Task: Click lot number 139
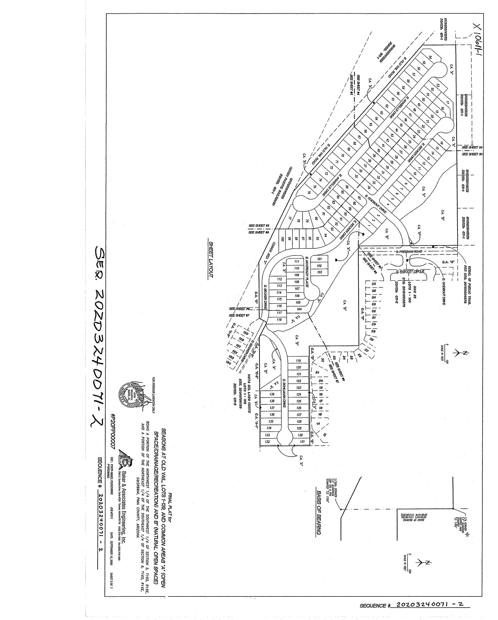[x=272, y=394]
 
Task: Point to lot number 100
[x=283, y=239]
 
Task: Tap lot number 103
[x=319, y=272]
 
